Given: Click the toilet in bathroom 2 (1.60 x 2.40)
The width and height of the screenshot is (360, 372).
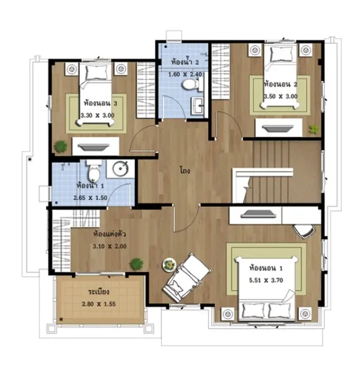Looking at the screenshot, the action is tap(192, 84).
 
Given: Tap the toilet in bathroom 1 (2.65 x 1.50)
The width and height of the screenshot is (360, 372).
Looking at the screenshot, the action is tap(94, 170).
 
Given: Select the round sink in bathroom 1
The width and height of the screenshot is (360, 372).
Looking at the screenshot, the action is tap(120, 169).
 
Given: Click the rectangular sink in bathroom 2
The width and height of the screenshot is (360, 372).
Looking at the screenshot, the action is tap(197, 106).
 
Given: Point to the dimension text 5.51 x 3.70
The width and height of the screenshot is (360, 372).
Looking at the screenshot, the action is tap(266, 280).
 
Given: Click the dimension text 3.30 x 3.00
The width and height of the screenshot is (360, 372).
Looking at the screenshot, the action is tap(97, 115).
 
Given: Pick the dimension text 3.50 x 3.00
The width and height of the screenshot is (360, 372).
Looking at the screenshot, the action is tap(281, 96).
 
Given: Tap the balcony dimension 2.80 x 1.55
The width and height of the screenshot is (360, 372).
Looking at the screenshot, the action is tap(98, 304).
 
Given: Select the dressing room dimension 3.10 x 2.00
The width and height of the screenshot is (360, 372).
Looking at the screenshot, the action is tap(110, 246).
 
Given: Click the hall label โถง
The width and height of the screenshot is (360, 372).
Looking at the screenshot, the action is tap(185, 171).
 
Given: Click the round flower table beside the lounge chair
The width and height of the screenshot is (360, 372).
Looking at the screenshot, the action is tap(169, 265).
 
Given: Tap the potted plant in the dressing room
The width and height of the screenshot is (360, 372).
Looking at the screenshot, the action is tap(136, 264).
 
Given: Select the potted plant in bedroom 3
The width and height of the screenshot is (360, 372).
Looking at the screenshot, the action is tap(61, 147).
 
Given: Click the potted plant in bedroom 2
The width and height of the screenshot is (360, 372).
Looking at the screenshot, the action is tap(313, 129).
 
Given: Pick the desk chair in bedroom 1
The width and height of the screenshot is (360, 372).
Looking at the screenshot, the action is tap(304, 230).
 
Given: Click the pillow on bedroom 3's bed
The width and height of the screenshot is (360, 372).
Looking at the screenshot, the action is tap(96, 72).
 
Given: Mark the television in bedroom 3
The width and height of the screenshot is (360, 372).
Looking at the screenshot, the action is tap(94, 147).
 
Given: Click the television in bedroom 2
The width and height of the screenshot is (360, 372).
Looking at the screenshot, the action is tap(278, 128).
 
